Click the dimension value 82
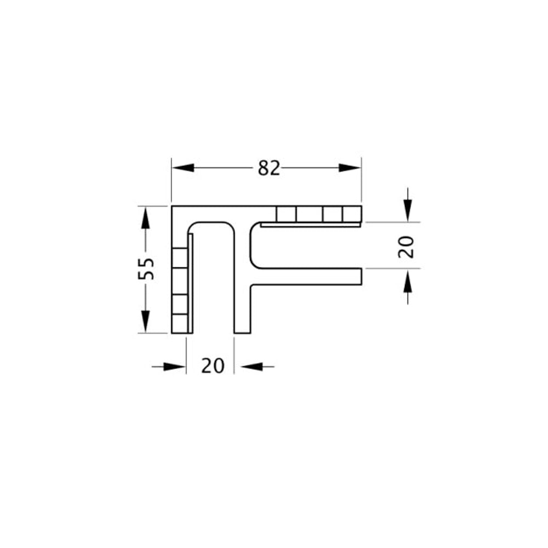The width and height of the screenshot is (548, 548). pos(269,168)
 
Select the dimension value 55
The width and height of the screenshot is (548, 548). pos(146,269)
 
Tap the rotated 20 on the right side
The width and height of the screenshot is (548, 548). pos(406,247)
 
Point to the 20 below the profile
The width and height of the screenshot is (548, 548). pos(213,366)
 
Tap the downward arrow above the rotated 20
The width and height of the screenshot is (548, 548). pos(407,211)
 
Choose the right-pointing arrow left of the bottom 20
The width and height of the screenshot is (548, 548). pos(175,366)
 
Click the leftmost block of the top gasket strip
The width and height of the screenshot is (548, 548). pos(286,214)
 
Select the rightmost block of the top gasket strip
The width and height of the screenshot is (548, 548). pos(352,214)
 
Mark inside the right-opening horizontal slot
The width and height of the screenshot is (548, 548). pos(307,247)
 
